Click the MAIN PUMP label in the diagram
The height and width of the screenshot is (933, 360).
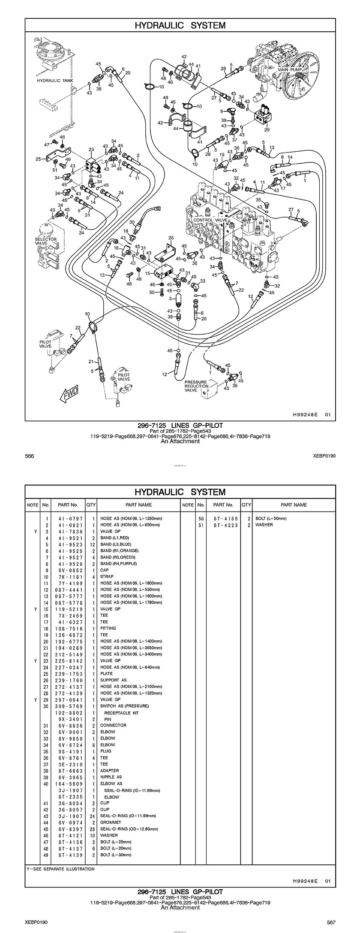(x=290, y=69)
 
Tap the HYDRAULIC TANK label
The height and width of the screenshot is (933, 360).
(x=55, y=81)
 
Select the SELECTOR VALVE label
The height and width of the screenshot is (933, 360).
(x=46, y=241)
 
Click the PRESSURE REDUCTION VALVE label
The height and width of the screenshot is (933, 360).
(x=196, y=386)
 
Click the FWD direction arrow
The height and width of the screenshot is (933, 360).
(x=69, y=394)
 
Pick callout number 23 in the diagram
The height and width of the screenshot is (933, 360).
(x=91, y=150)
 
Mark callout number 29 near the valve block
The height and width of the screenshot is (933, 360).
(x=267, y=129)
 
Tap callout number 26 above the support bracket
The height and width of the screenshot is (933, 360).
(x=171, y=238)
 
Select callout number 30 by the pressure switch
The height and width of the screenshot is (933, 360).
(x=132, y=222)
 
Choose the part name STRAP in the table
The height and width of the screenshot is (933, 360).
(x=107, y=577)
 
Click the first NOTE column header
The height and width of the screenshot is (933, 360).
(x=33, y=505)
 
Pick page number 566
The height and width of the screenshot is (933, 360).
(x=30, y=456)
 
